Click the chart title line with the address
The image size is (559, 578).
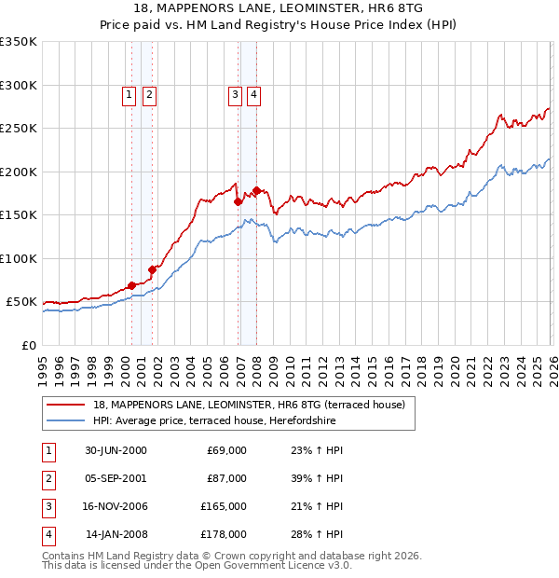tap(279, 8)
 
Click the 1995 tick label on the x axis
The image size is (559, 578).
tap(43, 363)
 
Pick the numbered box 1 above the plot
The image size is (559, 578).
tap(129, 93)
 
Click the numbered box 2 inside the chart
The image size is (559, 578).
tap(149, 93)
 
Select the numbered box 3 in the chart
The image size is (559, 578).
tap(234, 93)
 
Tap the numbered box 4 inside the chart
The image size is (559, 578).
tap(253, 93)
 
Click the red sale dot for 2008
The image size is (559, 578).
tap(257, 190)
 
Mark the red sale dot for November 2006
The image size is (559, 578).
tap(238, 201)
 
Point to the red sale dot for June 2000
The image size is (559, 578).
tap(131, 284)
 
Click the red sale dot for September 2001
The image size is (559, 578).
tap(152, 269)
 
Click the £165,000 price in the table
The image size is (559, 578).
tap(224, 506)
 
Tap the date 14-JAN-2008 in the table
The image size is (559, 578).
tap(116, 534)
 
